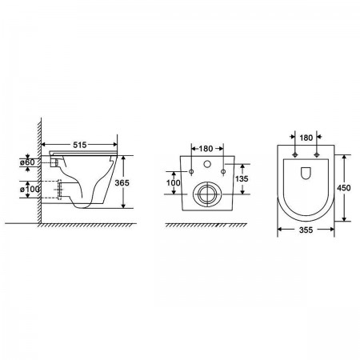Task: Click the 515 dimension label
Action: point(80,145)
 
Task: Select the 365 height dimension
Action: point(122,182)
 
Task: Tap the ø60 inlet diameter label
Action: point(27,162)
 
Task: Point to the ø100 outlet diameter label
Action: point(30,190)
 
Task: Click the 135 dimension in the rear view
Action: point(242,178)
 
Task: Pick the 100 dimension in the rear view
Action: point(174,183)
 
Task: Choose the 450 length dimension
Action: point(344,188)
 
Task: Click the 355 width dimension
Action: point(306,230)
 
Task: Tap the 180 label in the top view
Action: point(306,138)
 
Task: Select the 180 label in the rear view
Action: point(206,149)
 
